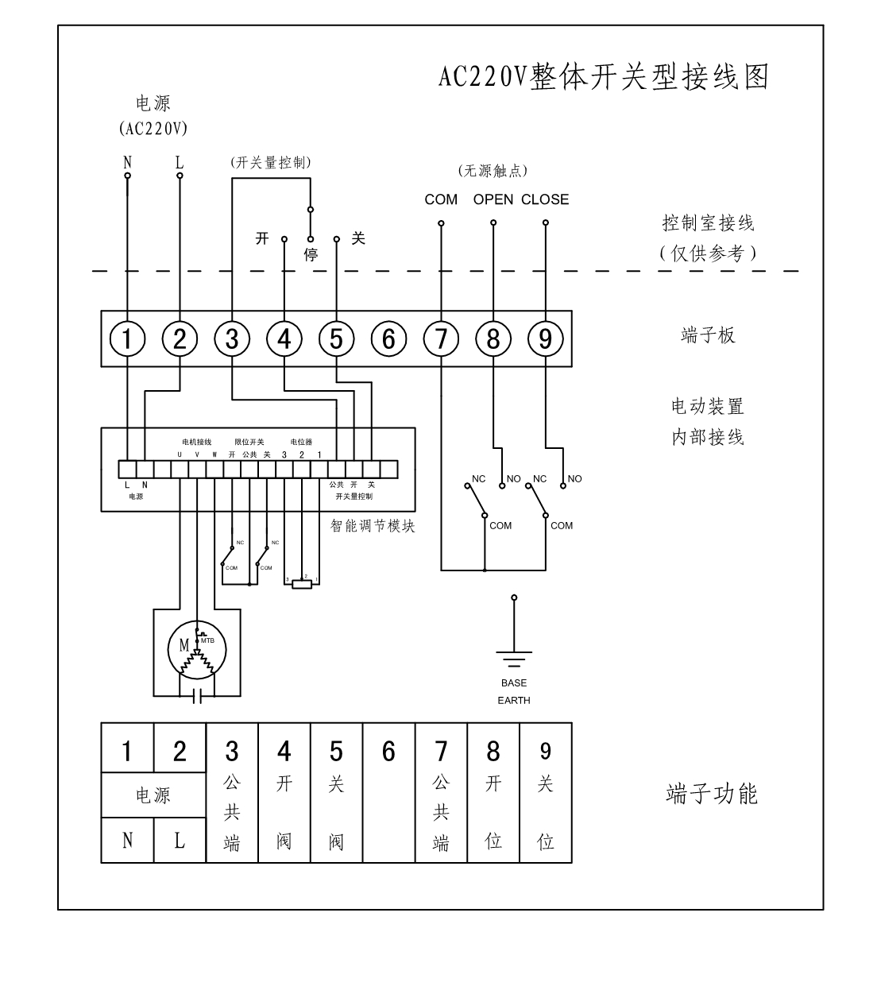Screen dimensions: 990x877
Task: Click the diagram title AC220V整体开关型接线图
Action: [604, 77]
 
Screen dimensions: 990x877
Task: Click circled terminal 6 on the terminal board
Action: [388, 339]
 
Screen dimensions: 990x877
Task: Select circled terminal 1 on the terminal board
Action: [127, 339]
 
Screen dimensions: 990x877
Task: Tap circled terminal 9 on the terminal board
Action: [545, 339]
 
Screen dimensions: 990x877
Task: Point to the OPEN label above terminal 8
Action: [493, 199]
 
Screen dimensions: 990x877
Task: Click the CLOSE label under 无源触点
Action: [545, 199]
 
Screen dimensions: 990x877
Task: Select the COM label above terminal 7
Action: [441, 199]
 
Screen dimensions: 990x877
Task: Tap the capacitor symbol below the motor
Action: [198, 696]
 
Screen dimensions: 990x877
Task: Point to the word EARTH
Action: [514, 701]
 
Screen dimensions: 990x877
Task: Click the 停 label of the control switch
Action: [311, 255]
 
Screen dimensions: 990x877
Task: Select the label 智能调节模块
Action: [373, 526]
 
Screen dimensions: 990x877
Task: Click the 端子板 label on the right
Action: [708, 335]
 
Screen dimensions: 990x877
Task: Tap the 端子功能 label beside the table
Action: [711, 794]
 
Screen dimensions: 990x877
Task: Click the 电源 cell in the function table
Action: [153, 795]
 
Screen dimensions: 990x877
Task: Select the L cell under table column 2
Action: [180, 841]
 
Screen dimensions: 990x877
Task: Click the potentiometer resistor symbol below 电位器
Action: [303, 584]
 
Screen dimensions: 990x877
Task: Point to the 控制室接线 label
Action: [708, 223]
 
